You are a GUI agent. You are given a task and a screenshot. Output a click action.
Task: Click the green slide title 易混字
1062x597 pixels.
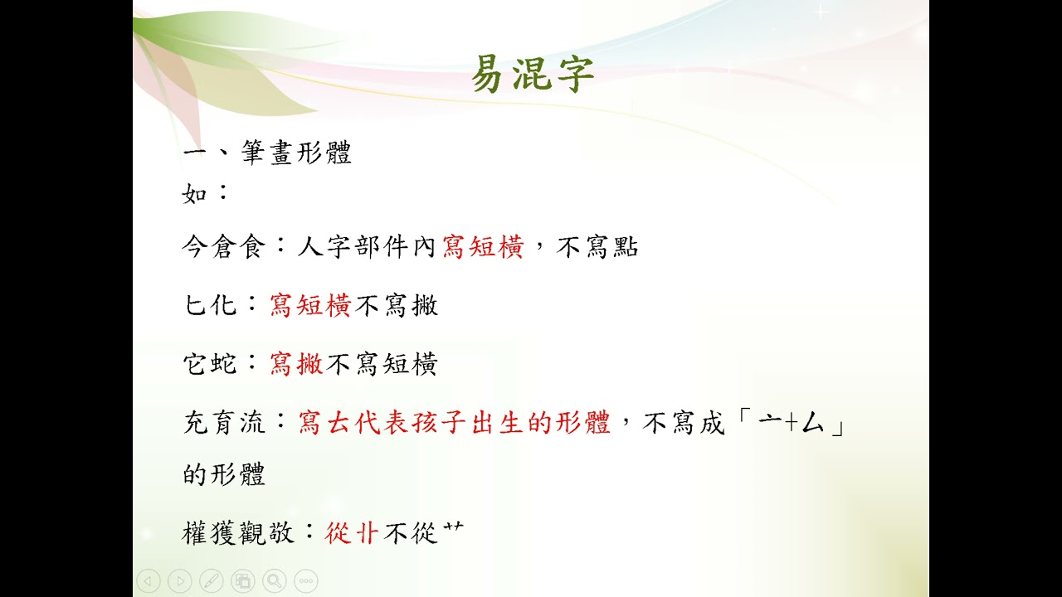[533, 74]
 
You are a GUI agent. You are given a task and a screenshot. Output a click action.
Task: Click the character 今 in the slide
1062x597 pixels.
[196, 247]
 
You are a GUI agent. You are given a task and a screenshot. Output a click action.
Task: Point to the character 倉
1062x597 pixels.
[224, 247]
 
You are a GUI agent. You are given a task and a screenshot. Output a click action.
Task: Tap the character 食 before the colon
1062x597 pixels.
[252, 247]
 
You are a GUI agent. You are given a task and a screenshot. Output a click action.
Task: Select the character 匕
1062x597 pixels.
[195, 305]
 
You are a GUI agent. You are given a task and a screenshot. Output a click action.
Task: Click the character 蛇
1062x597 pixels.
[224, 364]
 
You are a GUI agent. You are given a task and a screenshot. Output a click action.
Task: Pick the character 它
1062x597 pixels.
[195, 364]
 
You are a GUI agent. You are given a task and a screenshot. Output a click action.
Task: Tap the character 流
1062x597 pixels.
[252, 423]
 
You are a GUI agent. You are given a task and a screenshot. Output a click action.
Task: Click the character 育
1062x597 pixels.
[224, 423]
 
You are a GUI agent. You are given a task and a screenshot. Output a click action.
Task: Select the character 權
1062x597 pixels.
[196, 532]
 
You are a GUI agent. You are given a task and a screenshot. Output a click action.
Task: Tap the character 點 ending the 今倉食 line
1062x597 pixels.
[626, 247]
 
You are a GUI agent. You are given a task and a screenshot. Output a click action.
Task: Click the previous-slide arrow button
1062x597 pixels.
[149, 581]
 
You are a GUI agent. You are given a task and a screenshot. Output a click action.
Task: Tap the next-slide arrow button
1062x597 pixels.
[180, 581]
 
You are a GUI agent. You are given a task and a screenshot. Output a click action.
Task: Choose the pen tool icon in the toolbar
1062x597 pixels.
[212, 581]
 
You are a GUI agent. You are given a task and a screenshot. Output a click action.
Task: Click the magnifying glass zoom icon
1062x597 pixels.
[275, 581]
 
